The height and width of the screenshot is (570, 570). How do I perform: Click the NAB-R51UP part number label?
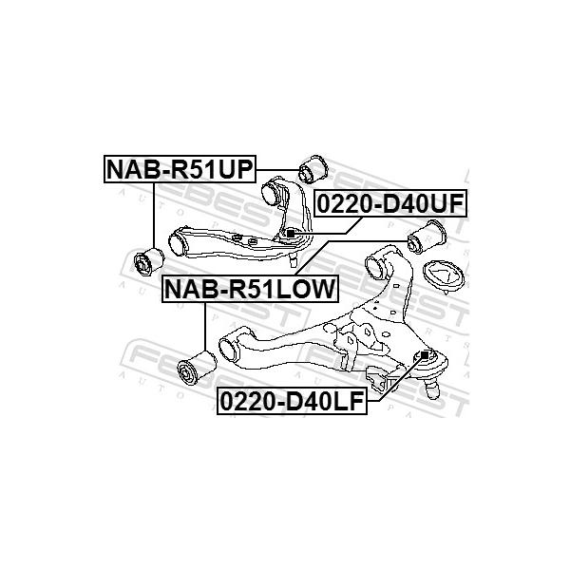180,169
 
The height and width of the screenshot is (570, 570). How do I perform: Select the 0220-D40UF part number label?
390,203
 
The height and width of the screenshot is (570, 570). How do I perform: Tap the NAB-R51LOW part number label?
251,289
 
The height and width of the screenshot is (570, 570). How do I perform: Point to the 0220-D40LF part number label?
293,401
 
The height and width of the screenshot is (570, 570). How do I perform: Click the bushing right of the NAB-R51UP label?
313,169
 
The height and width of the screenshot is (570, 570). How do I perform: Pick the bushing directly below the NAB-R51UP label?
149,261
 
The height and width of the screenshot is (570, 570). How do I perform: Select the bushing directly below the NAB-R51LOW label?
197,367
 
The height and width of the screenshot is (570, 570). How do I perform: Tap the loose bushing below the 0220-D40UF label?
427,237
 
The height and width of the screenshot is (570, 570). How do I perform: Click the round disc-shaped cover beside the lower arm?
444,277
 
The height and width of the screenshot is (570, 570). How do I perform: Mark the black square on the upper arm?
291,234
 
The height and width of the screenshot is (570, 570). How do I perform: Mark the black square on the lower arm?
425,354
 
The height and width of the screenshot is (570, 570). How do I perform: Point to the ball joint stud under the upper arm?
293,260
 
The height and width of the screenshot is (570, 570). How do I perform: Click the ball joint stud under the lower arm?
432,389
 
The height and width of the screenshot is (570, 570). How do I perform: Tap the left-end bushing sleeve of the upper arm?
180,243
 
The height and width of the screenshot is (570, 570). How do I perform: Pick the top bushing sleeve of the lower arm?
377,265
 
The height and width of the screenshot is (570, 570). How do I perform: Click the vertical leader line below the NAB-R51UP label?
154,216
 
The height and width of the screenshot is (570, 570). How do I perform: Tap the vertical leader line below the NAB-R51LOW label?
205,327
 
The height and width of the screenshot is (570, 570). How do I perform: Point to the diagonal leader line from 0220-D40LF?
401,378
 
